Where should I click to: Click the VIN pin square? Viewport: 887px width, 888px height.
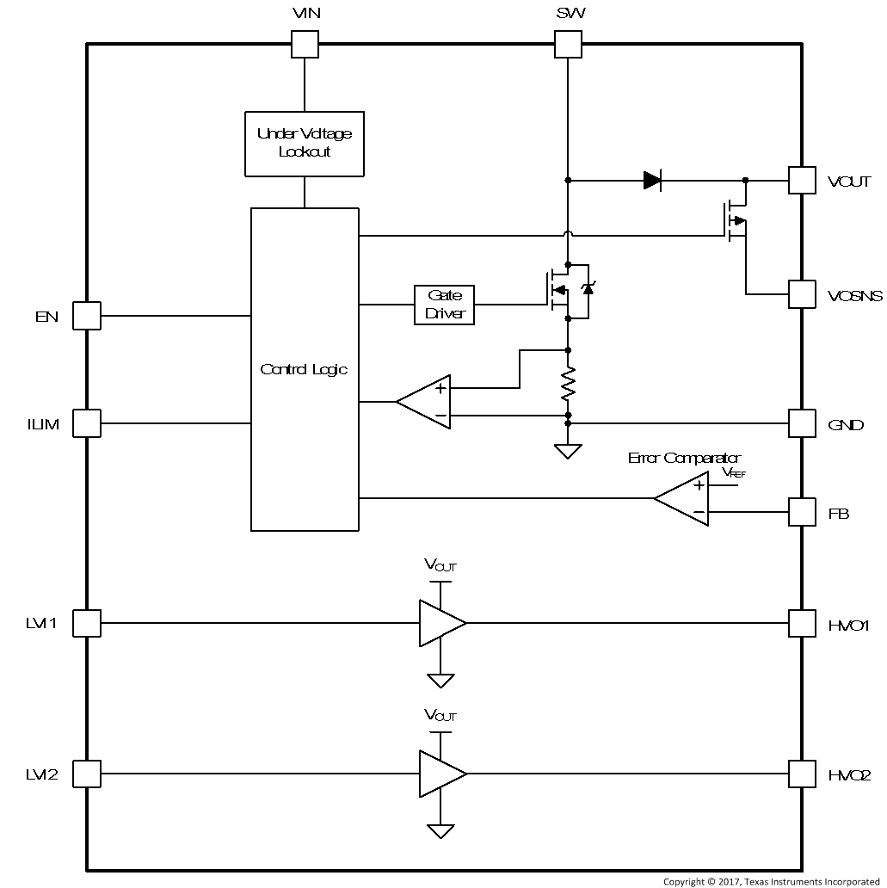305,44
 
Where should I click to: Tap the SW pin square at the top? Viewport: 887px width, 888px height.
567,44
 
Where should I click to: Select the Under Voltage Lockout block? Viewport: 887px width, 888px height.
305,143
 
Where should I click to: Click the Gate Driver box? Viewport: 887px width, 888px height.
444,304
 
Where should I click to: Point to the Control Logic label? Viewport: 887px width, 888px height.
304,369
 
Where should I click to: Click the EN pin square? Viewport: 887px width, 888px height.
86,316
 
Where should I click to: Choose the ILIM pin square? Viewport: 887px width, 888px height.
86,423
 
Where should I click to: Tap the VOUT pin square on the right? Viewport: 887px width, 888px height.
802,181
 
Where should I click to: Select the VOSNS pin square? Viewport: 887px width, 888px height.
802,294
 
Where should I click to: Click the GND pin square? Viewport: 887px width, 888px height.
802,423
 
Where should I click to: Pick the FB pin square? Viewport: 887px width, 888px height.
802,513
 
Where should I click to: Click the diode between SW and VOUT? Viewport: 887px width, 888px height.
652,181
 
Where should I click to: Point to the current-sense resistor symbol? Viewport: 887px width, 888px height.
568,385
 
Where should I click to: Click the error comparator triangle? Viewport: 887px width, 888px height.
685,498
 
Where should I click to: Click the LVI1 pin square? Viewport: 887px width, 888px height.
86,623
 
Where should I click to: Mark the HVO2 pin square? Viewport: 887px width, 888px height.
802,774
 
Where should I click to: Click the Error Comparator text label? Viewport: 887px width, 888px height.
684,459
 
